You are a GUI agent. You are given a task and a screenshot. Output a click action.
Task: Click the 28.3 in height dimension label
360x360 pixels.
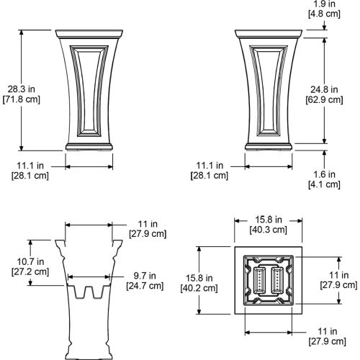(x=22, y=89)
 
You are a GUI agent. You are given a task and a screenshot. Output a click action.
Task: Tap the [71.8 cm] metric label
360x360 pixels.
(x=22, y=99)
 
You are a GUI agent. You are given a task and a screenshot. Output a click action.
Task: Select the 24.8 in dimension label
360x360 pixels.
(x=324, y=90)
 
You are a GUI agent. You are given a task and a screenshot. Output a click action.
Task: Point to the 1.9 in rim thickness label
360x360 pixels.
(x=324, y=4)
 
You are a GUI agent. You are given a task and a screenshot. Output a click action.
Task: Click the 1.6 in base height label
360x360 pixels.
(x=324, y=174)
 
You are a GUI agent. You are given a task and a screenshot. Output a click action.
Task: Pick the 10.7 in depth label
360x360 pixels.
(x=30, y=261)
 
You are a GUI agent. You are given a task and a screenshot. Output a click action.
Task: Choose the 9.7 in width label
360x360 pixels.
(x=145, y=276)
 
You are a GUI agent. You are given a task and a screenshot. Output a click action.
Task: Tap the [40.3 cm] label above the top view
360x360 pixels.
(x=269, y=230)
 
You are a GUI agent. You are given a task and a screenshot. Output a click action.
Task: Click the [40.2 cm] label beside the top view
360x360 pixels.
(x=199, y=288)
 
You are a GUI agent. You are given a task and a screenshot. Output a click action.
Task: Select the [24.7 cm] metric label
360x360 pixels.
(x=145, y=286)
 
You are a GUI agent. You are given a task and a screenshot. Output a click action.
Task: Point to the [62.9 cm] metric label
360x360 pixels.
(x=324, y=100)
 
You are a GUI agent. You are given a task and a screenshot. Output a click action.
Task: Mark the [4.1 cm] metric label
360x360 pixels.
(x=324, y=184)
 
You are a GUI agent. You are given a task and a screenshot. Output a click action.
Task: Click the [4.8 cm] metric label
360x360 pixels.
(x=324, y=14)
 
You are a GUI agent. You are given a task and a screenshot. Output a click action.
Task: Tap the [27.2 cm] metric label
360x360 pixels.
(x=30, y=271)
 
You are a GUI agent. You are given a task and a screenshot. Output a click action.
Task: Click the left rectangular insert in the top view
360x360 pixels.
(x=259, y=280)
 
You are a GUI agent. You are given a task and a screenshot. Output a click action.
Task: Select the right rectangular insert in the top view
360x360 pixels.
(x=277, y=280)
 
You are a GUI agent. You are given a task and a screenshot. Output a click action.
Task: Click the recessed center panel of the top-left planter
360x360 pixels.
(x=89, y=91)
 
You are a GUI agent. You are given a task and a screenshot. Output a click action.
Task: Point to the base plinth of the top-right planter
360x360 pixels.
(x=269, y=147)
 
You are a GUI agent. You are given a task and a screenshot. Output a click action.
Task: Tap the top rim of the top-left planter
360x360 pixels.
(x=89, y=34)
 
